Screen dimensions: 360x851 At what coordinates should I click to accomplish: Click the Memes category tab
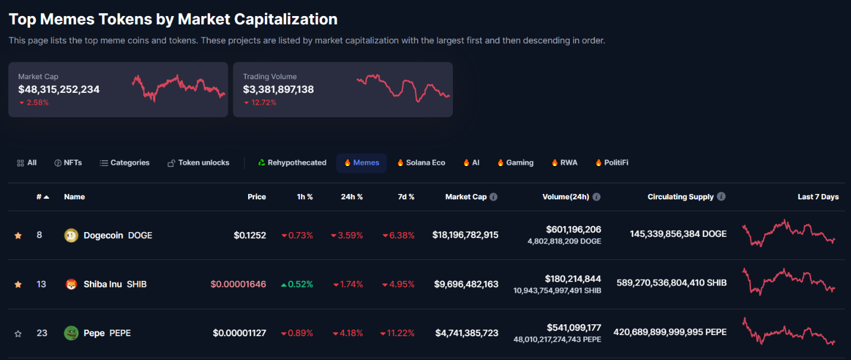pyautogui.click(x=361, y=162)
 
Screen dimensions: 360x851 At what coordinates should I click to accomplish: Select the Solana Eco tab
pyautogui.click(x=421, y=162)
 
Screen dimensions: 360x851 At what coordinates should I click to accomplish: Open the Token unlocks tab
pyautogui.click(x=198, y=162)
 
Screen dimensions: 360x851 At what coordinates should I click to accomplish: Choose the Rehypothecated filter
pyautogui.click(x=292, y=162)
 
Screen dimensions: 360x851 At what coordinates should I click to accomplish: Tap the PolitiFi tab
pyautogui.click(x=612, y=162)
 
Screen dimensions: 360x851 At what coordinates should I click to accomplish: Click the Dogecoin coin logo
pyautogui.click(x=71, y=235)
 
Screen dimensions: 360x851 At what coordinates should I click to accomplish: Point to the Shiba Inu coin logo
pyautogui.click(x=71, y=284)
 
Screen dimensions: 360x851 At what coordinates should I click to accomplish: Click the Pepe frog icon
pyautogui.click(x=71, y=333)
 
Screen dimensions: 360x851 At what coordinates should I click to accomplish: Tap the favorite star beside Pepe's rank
pyautogui.click(x=18, y=334)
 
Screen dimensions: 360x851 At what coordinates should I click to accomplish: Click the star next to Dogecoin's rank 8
pyautogui.click(x=18, y=236)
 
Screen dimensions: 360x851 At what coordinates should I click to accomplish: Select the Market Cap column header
pyautogui.click(x=466, y=196)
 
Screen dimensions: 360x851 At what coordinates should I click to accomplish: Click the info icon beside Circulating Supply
pyautogui.click(x=721, y=196)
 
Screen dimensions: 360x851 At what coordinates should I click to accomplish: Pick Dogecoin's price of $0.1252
pyautogui.click(x=250, y=235)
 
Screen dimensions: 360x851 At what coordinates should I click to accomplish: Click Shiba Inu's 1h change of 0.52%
pyautogui.click(x=297, y=284)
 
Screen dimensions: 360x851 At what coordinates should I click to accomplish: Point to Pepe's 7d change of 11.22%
pyautogui.click(x=398, y=333)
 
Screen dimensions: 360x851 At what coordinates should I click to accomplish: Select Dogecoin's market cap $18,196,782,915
pyautogui.click(x=465, y=235)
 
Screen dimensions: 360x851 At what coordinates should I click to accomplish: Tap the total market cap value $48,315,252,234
pyautogui.click(x=59, y=89)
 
